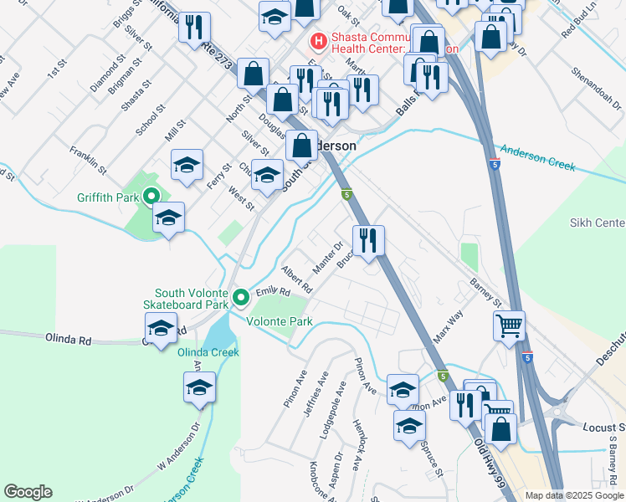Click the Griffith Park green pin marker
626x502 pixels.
tap(151, 197)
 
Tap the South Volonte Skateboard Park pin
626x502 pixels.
tap(241, 297)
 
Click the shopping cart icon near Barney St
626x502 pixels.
tap(509, 325)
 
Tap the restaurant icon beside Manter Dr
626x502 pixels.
tap(368, 242)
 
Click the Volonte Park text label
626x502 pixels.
tap(279, 320)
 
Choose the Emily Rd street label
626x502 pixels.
tap(272, 291)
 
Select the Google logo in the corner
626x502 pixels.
tap(28, 492)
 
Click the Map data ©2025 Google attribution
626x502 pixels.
tap(575, 495)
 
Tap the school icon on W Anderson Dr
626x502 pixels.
tap(200, 387)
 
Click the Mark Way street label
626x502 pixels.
tap(448, 329)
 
